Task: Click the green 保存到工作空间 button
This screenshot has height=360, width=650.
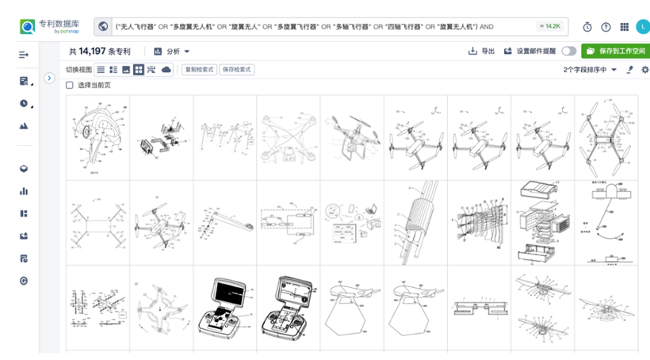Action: point(614,52)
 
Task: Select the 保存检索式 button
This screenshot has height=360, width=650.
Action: point(237,70)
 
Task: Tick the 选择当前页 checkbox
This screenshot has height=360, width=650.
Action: point(70,85)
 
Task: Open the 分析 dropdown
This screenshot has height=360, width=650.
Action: point(172,52)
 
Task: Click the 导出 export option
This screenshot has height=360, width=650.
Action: point(481,52)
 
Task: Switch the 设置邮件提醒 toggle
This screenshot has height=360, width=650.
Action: point(568,52)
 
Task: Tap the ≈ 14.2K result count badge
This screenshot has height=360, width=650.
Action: point(549,26)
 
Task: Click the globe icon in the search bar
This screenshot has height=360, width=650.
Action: point(103,26)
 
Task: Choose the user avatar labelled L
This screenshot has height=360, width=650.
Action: point(641,27)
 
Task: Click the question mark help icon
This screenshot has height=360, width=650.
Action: point(606,27)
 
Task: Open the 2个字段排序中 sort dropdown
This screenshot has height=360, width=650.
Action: point(590,70)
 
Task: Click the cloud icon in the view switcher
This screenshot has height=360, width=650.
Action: point(166,70)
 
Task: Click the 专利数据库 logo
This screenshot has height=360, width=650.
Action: point(50,26)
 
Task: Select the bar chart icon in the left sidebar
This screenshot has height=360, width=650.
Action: point(24,191)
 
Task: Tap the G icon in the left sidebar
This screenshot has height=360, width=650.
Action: point(24,281)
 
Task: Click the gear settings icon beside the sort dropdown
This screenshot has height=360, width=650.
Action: point(644,70)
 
